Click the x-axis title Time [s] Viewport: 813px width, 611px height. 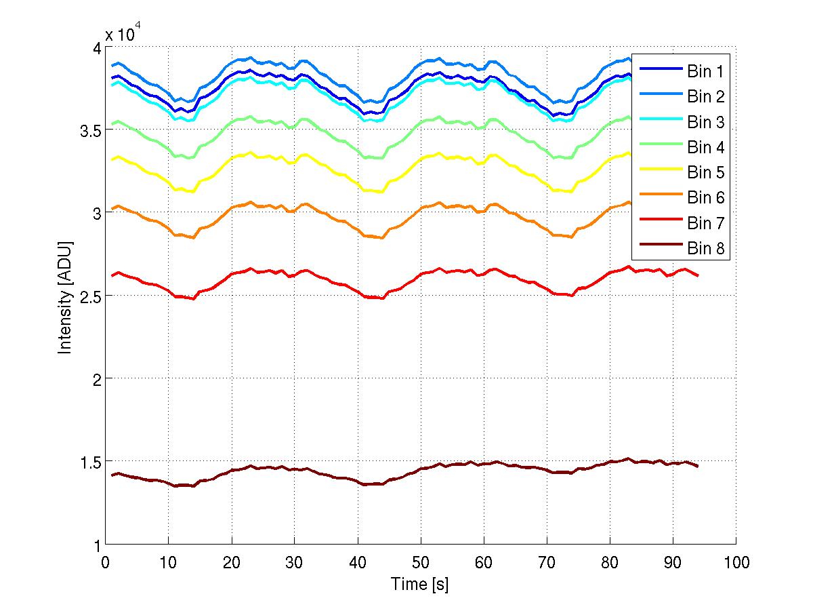420,584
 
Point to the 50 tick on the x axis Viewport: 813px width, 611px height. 420,562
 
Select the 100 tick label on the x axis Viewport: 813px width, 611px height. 736,562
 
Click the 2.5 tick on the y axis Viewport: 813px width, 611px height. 89,296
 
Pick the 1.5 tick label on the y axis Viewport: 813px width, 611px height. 89,461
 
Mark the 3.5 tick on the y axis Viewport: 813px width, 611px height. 89,130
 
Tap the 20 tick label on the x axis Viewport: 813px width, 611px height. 231,562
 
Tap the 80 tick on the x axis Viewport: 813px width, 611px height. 610,562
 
